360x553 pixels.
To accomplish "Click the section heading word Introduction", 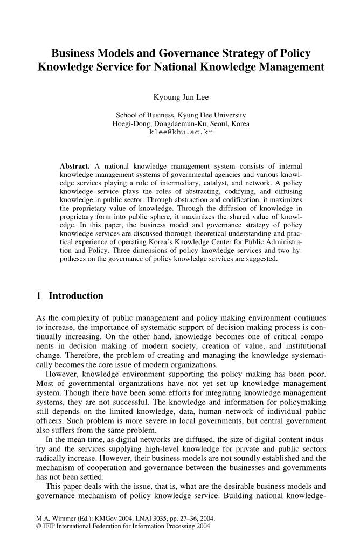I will (76, 296).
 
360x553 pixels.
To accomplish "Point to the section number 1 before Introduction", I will (38, 296).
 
